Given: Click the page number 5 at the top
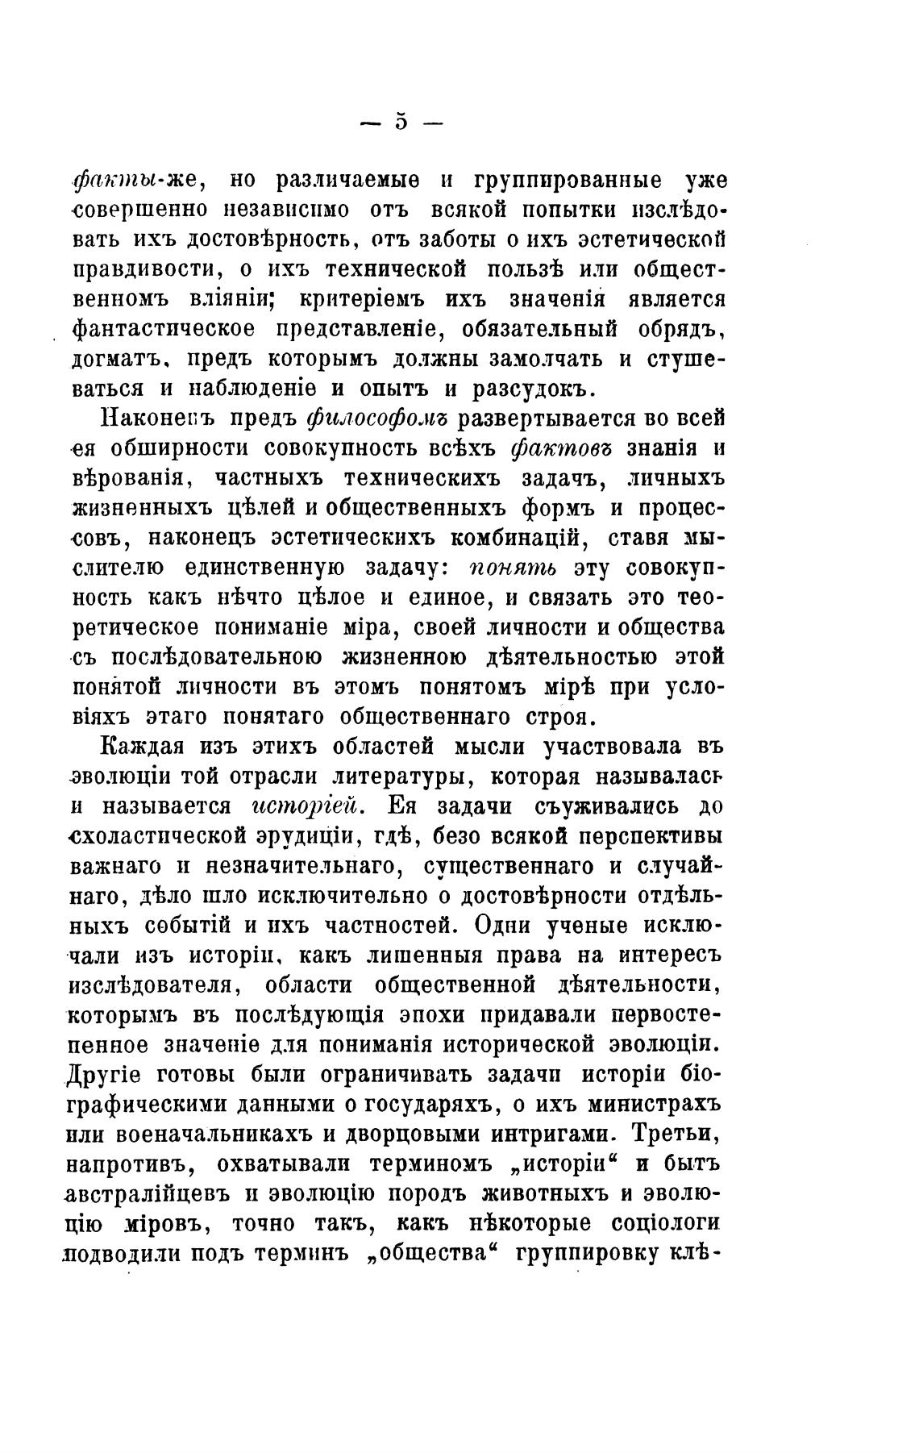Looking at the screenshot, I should tap(401, 123).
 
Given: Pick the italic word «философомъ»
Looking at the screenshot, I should tap(378, 418).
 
